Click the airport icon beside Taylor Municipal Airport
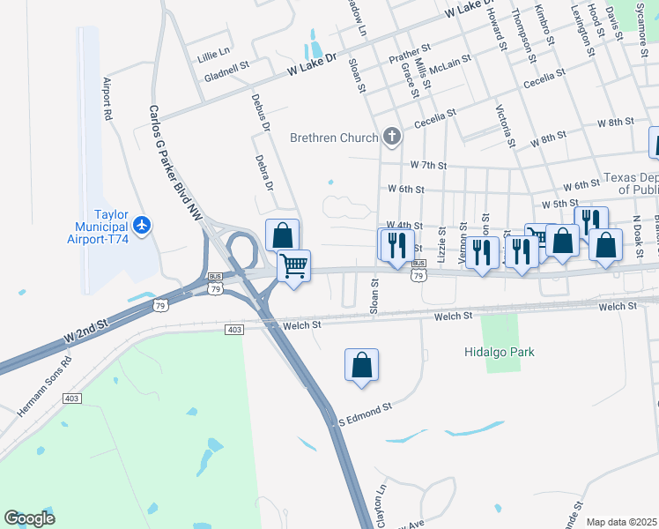point(143,225)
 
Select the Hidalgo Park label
point(500,352)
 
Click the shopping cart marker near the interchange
point(293,264)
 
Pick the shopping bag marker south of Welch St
point(361,364)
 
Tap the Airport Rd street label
point(109,99)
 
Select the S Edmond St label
point(365,412)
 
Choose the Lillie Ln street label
point(213,53)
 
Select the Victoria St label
point(505,125)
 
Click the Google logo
point(30,518)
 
